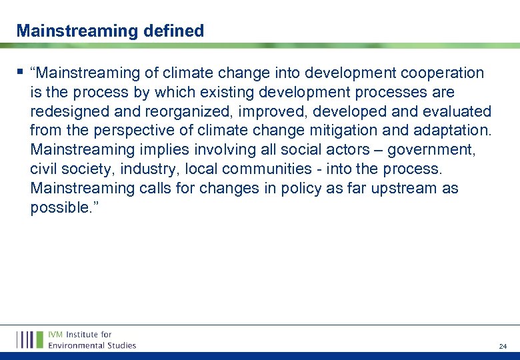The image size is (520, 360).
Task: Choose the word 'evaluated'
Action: click(x=453, y=111)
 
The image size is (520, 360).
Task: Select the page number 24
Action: click(x=503, y=347)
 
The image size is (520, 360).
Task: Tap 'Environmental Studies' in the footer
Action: click(x=92, y=345)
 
